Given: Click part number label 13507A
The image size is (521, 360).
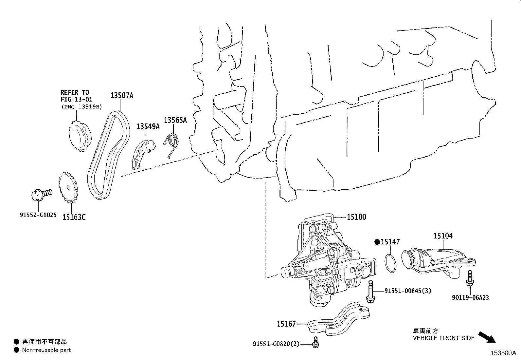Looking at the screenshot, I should [121, 96].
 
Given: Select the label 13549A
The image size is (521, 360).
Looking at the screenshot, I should [148, 126].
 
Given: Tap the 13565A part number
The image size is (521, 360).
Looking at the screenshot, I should [175, 120].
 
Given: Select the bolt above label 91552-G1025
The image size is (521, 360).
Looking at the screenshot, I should [41, 194].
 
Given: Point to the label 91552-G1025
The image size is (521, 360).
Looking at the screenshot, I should [38, 215].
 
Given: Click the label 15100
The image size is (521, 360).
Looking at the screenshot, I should [356, 217].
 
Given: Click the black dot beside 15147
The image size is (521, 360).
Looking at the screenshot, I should [377, 242].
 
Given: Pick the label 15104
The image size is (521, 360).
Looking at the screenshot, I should [443, 236].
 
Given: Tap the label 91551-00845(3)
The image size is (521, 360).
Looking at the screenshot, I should [407, 291].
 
